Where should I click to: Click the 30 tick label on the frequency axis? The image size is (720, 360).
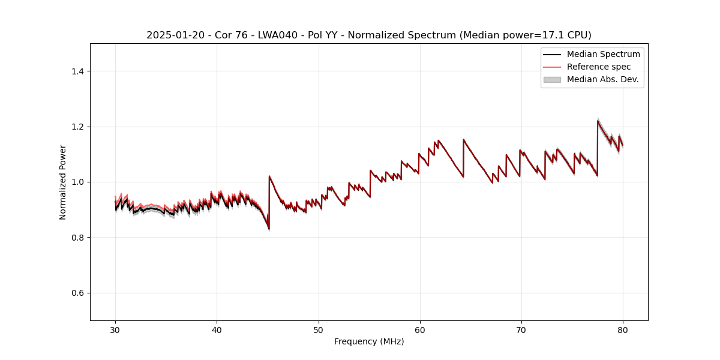click(115, 329)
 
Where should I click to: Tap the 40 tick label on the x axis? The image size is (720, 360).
click(217, 329)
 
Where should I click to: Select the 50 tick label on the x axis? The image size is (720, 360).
click(318, 329)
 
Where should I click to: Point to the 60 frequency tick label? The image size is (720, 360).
click(420, 329)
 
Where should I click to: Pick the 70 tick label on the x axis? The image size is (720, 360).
click(521, 329)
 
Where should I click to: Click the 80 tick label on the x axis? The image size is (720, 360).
click(623, 329)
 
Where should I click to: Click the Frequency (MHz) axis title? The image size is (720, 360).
click(369, 341)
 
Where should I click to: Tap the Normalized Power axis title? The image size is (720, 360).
click(63, 182)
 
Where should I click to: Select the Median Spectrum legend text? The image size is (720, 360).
click(603, 54)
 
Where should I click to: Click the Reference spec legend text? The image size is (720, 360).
click(599, 67)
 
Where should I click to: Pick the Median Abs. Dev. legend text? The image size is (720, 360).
click(602, 79)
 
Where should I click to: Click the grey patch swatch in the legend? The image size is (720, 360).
click(552, 79)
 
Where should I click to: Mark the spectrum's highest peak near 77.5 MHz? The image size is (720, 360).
click(598, 121)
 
